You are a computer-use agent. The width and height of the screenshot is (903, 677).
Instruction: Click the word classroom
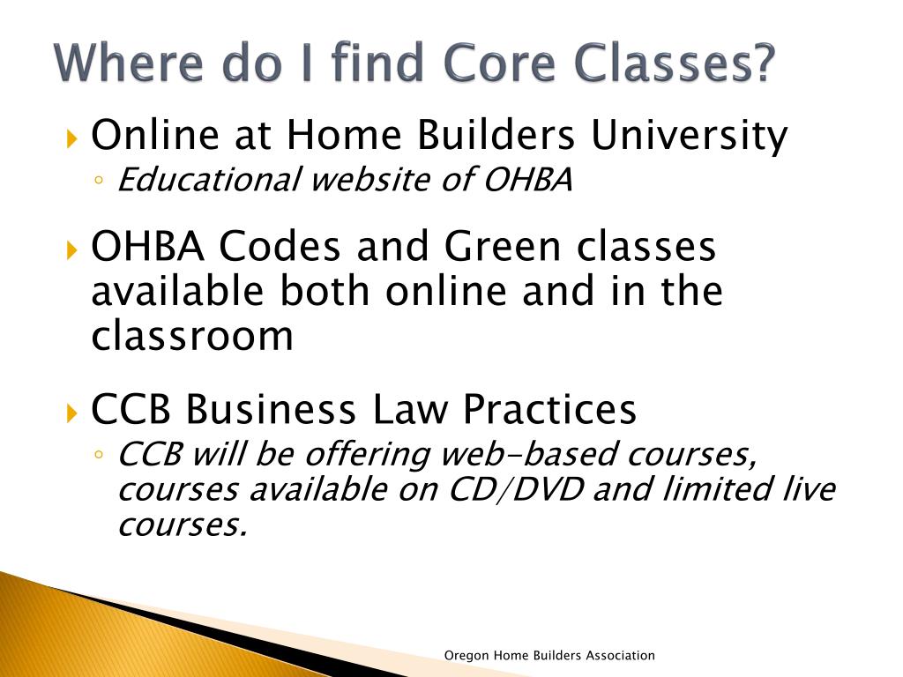(192, 336)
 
